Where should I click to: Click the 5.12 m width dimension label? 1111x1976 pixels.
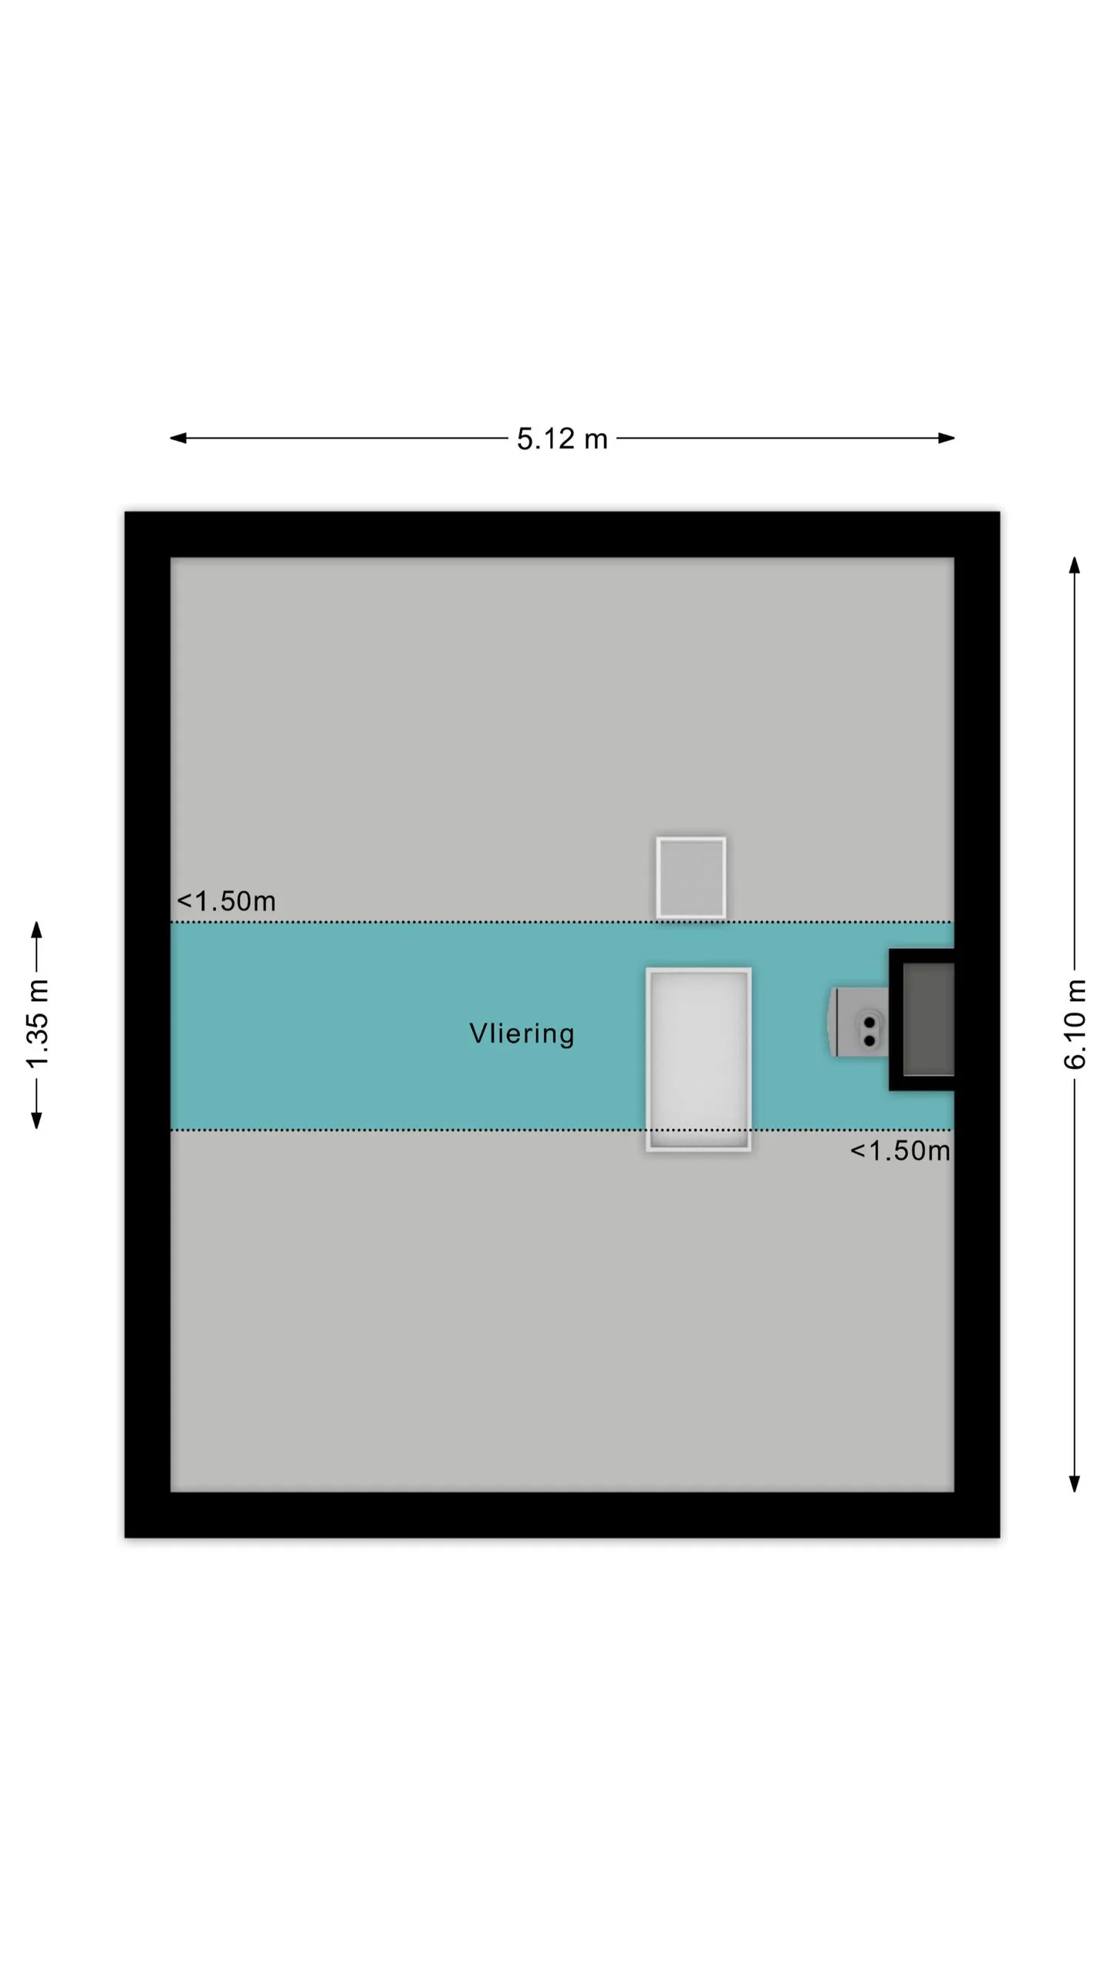(562, 438)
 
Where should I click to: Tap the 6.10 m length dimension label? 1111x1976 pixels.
(1075, 1024)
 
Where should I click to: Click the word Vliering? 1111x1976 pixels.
(522, 1034)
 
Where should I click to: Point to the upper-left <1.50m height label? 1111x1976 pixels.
(226, 901)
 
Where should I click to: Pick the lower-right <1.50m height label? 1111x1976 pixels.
(900, 1150)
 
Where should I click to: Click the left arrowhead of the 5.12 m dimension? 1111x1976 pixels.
(177, 438)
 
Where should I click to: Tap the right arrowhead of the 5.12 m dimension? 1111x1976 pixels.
(947, 438)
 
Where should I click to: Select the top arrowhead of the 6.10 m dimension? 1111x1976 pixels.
(1074, 565)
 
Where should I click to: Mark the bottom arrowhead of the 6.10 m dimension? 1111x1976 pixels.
(1074, 1483)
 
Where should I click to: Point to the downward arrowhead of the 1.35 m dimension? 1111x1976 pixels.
(36, 1120)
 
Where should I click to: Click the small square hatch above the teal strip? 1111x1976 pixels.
(691, 878)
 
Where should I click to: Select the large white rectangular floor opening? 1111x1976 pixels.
(698, 1059)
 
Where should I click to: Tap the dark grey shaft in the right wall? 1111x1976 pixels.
(928, 1019)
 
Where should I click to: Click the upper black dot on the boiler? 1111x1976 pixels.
(870, 1023)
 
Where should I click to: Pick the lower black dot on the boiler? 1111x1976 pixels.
(870, 1040)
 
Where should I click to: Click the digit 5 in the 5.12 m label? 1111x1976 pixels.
(525, 438)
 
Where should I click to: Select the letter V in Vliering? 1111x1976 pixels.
(478, 1033)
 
